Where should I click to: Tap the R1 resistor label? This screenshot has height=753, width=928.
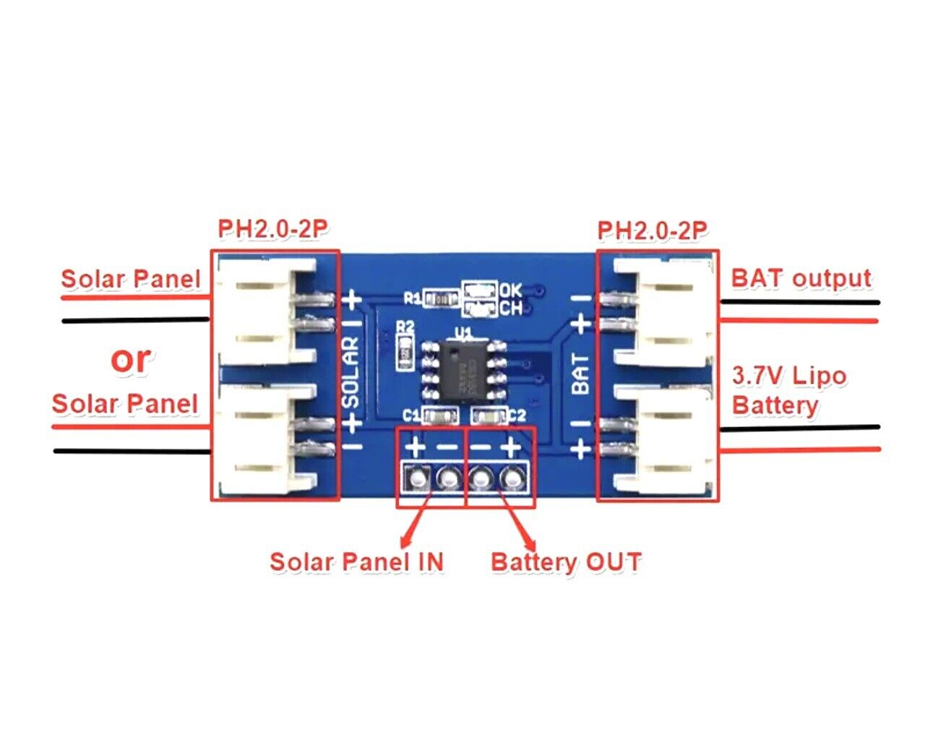(x=412, y=297)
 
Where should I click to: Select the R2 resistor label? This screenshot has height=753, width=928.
(x=406, y=327)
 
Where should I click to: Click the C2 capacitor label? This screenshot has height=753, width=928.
(x=517, y=416)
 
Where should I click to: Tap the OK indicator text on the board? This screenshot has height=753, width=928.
(x=510, y=291)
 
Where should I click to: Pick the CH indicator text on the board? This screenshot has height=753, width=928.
(x=510, y=309)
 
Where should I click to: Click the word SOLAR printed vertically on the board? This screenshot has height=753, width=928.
(x=351, y=370)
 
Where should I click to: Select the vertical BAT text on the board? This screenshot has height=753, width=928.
(x=581, y=374)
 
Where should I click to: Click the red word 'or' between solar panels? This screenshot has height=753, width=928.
(x=131, y=359)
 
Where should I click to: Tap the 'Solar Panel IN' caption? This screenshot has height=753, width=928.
(x=356, y=561)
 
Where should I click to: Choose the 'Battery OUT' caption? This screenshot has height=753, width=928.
(x=566, y=561)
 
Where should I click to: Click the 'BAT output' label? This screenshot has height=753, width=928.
(x=801, y=278)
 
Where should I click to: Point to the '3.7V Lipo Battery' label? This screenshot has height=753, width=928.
(x=788, y=390)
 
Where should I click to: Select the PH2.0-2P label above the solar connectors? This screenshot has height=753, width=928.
(x=273, y=230)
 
